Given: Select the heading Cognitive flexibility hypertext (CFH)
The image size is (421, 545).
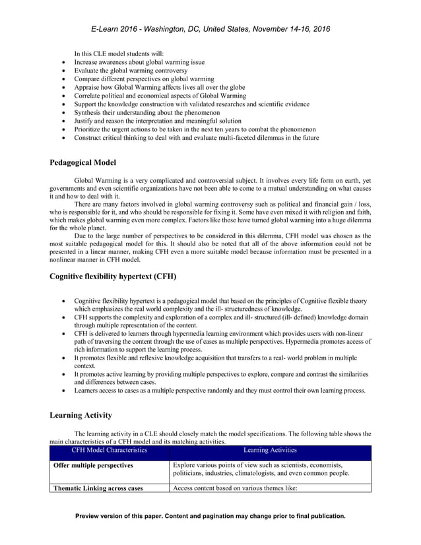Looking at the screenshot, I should [x=113, y=276].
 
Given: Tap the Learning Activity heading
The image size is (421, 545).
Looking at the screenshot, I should [x=81, y=415].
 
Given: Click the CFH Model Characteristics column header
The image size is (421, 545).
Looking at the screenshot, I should [x=110, y=451].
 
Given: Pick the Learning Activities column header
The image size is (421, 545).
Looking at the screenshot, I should [x=269, y=451].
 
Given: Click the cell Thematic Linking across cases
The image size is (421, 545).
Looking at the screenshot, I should [x=100, y=489].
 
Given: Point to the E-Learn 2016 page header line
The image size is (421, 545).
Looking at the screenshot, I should [x=210, y=29].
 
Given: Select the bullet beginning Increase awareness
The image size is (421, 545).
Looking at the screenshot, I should [x=139, y=62].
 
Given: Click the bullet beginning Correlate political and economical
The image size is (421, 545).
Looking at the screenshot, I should [x=160, y=96].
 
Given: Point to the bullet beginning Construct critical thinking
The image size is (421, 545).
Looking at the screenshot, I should [x=196, y=138].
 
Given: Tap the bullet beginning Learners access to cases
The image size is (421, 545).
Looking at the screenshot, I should [x=219, y=391].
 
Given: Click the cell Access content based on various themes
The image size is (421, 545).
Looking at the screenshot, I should [x=236, y=489].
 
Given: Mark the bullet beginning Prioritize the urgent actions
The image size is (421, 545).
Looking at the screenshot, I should [x=195, y=129].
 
